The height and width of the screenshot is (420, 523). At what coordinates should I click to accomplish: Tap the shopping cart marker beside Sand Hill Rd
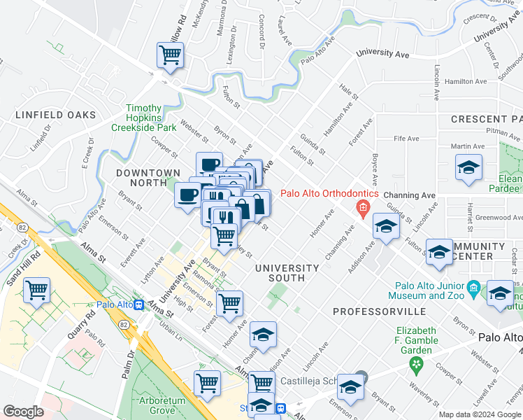tap(36, 289)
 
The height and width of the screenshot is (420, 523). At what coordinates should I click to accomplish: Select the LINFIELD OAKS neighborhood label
tap(48, 115)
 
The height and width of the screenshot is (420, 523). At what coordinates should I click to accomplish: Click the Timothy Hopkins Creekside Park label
tap(143, 118)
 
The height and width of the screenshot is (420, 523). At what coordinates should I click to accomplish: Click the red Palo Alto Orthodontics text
tap(329, 194)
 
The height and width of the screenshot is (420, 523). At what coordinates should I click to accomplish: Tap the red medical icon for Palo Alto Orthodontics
tap(362, 207)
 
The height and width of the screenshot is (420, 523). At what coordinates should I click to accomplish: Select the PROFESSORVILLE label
tap(379, 310)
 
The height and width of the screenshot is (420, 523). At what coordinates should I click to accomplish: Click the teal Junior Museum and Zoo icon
tap(473, 287)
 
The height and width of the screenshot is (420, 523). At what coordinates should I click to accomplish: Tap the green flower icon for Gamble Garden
tap(417, 364)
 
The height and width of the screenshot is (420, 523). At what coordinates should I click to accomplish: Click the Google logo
tap(23, 411)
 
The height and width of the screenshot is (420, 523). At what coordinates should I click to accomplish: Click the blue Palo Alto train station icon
tap(139, 305)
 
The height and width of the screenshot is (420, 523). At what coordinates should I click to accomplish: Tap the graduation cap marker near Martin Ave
tap(468, 167)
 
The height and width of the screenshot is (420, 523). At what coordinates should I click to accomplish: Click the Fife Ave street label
tap(406, 139)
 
